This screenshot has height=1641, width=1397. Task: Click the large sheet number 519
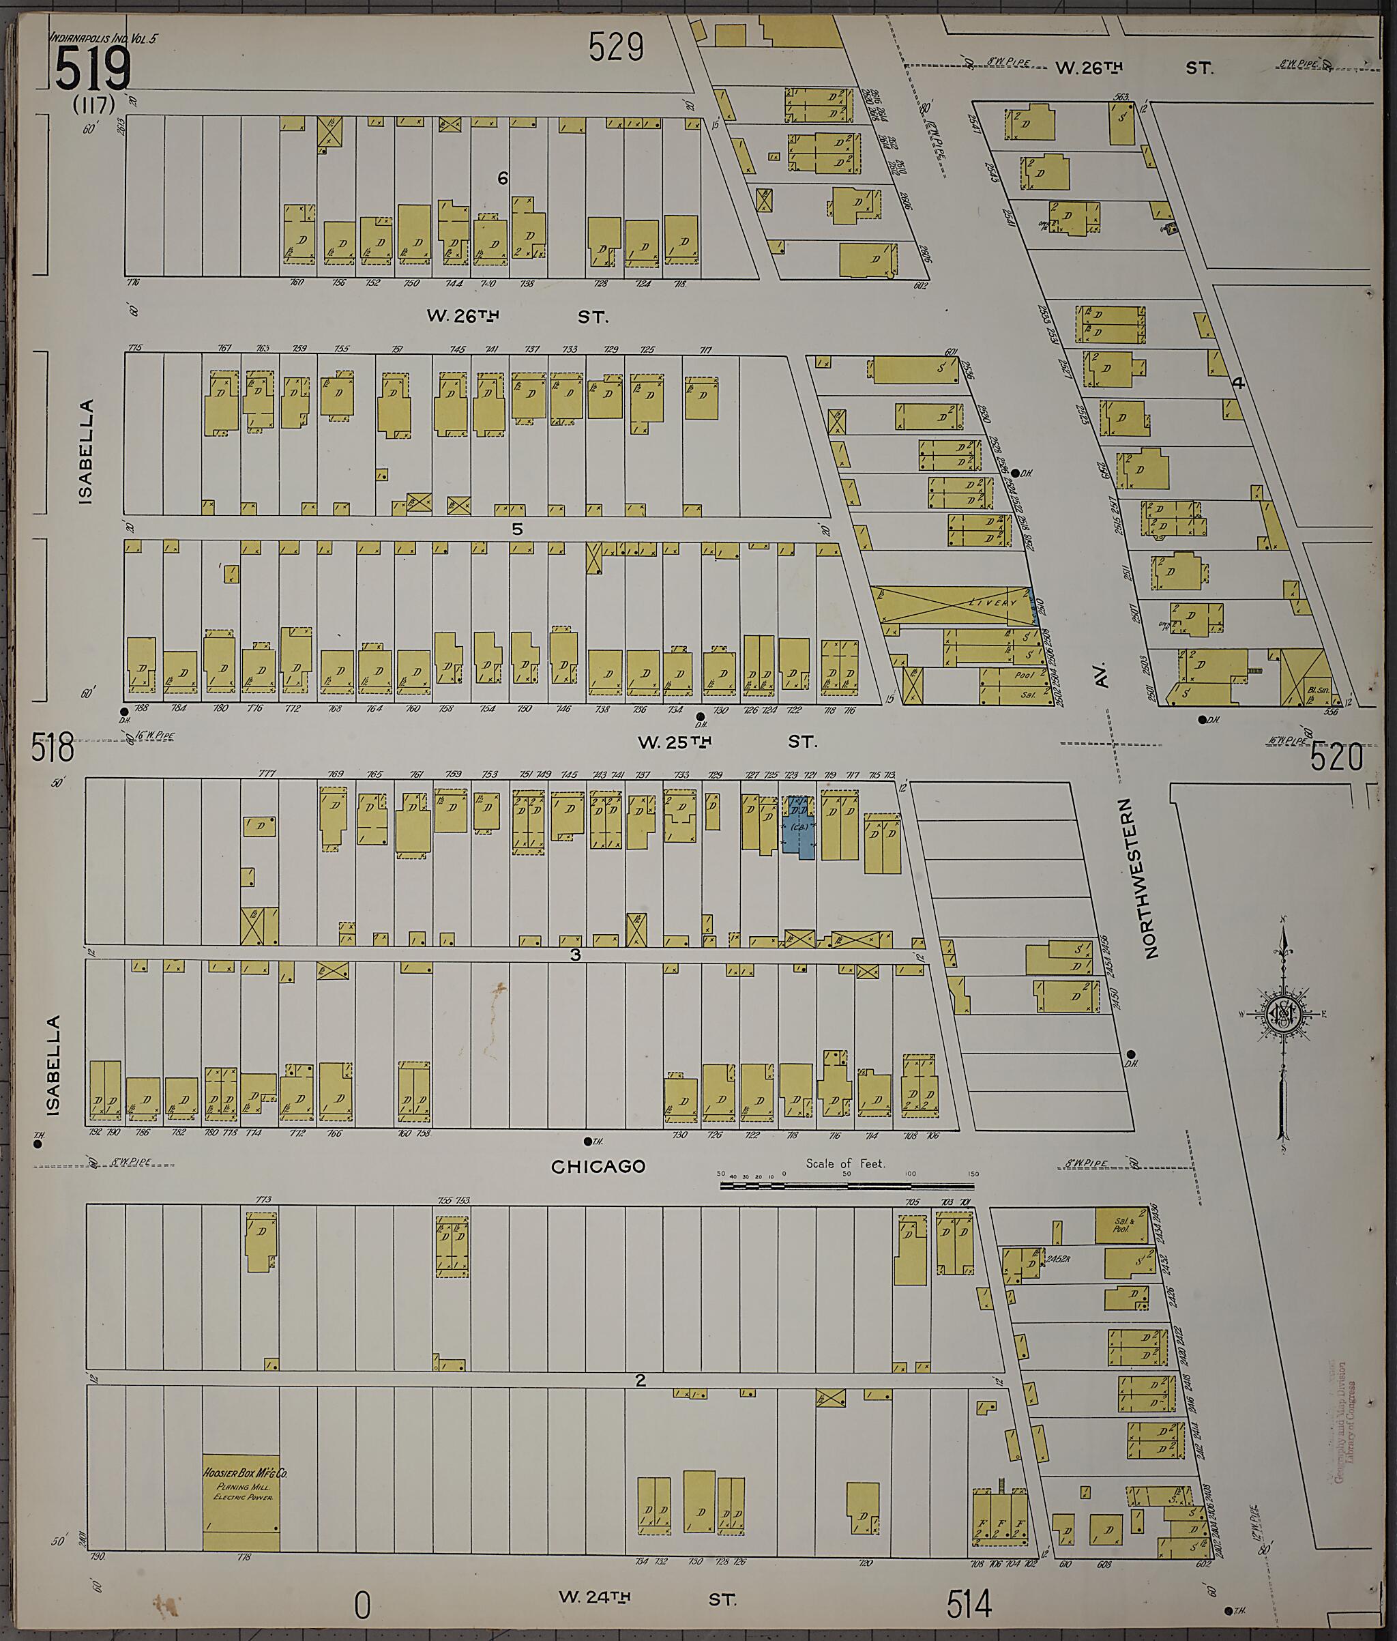pos(93,69)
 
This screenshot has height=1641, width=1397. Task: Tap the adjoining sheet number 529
pos(615,48)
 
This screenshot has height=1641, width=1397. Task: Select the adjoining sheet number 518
pos(53,748)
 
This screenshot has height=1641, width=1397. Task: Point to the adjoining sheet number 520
pos(1336,758)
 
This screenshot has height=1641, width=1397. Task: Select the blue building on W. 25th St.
pos(799,828)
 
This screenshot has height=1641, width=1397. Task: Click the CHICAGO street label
pos(598,1167)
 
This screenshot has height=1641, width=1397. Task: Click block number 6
pos(502,179)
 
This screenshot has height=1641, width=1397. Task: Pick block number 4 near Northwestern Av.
pos(1239,383)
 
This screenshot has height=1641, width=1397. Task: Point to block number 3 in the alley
pos(575,955)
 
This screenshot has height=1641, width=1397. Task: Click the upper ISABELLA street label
pos(85,452)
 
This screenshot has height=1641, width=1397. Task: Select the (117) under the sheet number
pos(94,104)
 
